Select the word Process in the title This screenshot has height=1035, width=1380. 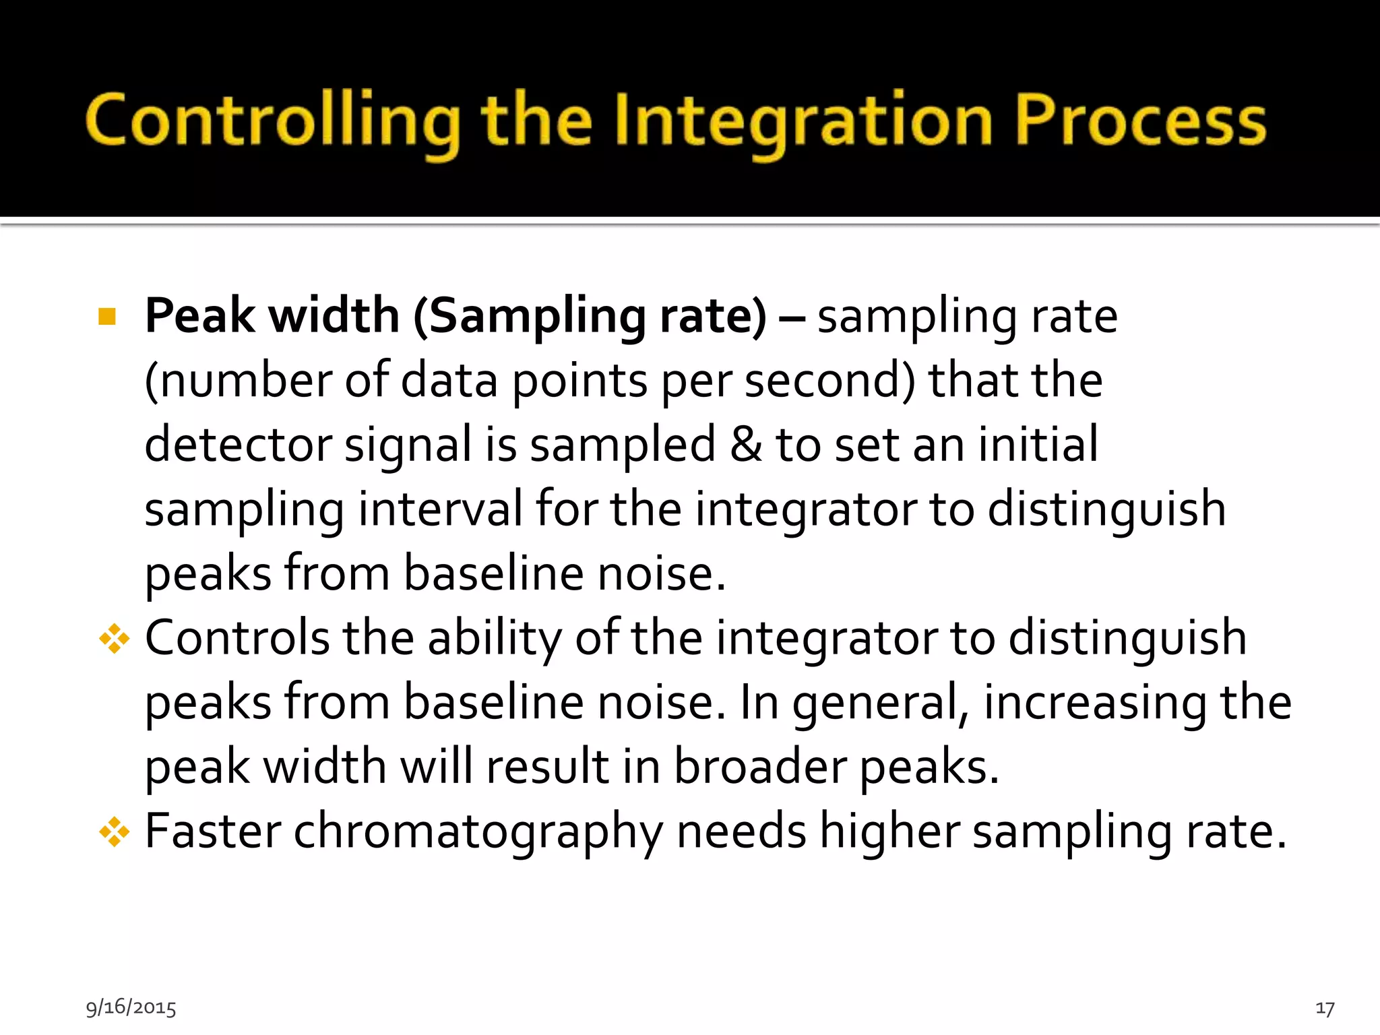[1140, 121]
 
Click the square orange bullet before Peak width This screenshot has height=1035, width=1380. [107, 316]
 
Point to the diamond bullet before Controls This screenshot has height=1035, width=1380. [114, 639]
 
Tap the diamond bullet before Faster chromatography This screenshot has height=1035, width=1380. [114, 832]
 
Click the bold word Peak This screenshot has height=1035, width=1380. [199, 316]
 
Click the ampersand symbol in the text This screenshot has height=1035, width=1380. [746, 445]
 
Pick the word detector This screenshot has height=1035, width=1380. [238, 445]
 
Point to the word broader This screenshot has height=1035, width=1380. [759, 766]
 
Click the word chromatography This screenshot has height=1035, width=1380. [478, 832]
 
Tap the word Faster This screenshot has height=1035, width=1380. [212, 832]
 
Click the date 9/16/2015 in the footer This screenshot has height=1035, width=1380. [131, 1007]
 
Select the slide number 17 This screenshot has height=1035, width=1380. [1325, 1008]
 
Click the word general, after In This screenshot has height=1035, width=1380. [881, 702]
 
